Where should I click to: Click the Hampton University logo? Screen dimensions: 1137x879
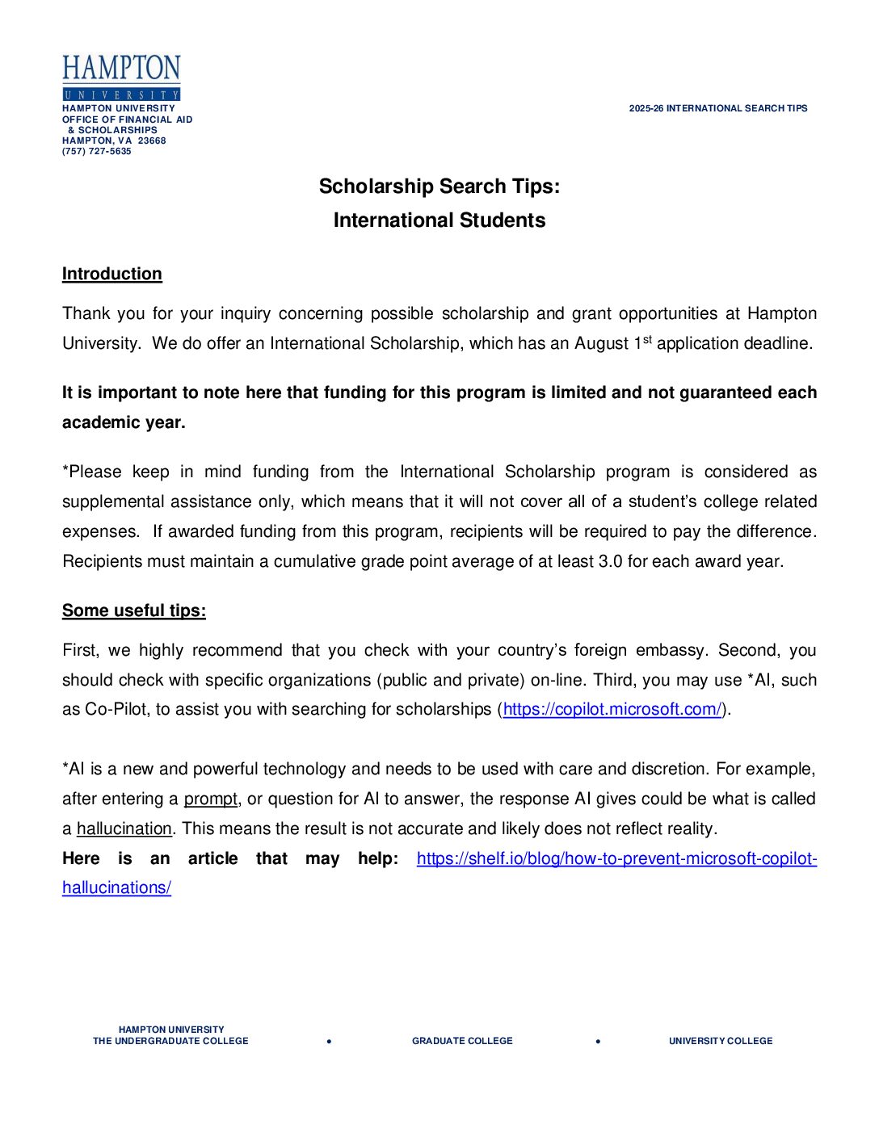point(121,78)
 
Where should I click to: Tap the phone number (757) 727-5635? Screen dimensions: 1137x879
point(97,151)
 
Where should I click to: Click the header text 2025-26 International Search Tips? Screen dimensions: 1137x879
point(718,108)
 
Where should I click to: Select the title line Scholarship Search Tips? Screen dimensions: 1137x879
point(439,187)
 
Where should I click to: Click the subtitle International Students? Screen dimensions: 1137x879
point(439,220)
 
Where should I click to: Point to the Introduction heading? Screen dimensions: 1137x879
point(111,274)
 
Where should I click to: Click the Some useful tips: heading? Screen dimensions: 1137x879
point(133,610)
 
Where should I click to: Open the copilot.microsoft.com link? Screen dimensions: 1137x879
point(612,709)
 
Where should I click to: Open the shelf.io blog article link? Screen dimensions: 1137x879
point(616,858)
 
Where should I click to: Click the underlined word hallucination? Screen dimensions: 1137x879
point(124,829)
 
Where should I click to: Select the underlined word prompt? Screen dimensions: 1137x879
point(210,799)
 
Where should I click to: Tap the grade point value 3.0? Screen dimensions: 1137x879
point(610,561)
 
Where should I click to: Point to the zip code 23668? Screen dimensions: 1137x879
point(152,141)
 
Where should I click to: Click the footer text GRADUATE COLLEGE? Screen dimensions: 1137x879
point(462,1041)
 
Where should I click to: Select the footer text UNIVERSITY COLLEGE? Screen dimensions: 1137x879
point(721,1041)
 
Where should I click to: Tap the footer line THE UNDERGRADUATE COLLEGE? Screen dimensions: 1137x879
point(170,1041)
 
